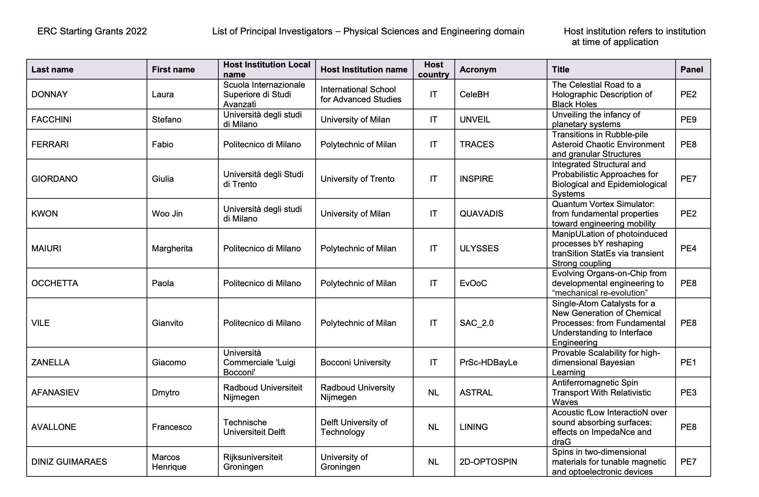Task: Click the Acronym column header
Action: (478, 70)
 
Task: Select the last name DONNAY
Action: (49, 94)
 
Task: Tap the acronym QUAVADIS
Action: (481, 214)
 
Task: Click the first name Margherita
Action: (172, 248)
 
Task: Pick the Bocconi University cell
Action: (355, 362)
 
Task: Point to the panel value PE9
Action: (688, 120)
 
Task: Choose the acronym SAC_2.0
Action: (476, 323)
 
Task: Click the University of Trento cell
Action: (357, 179)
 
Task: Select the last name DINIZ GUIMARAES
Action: (69, 462)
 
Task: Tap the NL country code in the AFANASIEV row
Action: (433, 393)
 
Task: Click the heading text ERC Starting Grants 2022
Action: (92, 32)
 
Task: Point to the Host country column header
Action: (433, 70)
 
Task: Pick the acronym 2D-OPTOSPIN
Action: (488, 462)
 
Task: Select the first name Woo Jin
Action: (167, 214)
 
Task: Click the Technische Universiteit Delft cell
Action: (254, 427)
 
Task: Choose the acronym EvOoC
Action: (473, 283)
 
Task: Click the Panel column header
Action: (692, 70)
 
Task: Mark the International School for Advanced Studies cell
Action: (361, 94)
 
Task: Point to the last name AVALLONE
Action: (54, 427)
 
